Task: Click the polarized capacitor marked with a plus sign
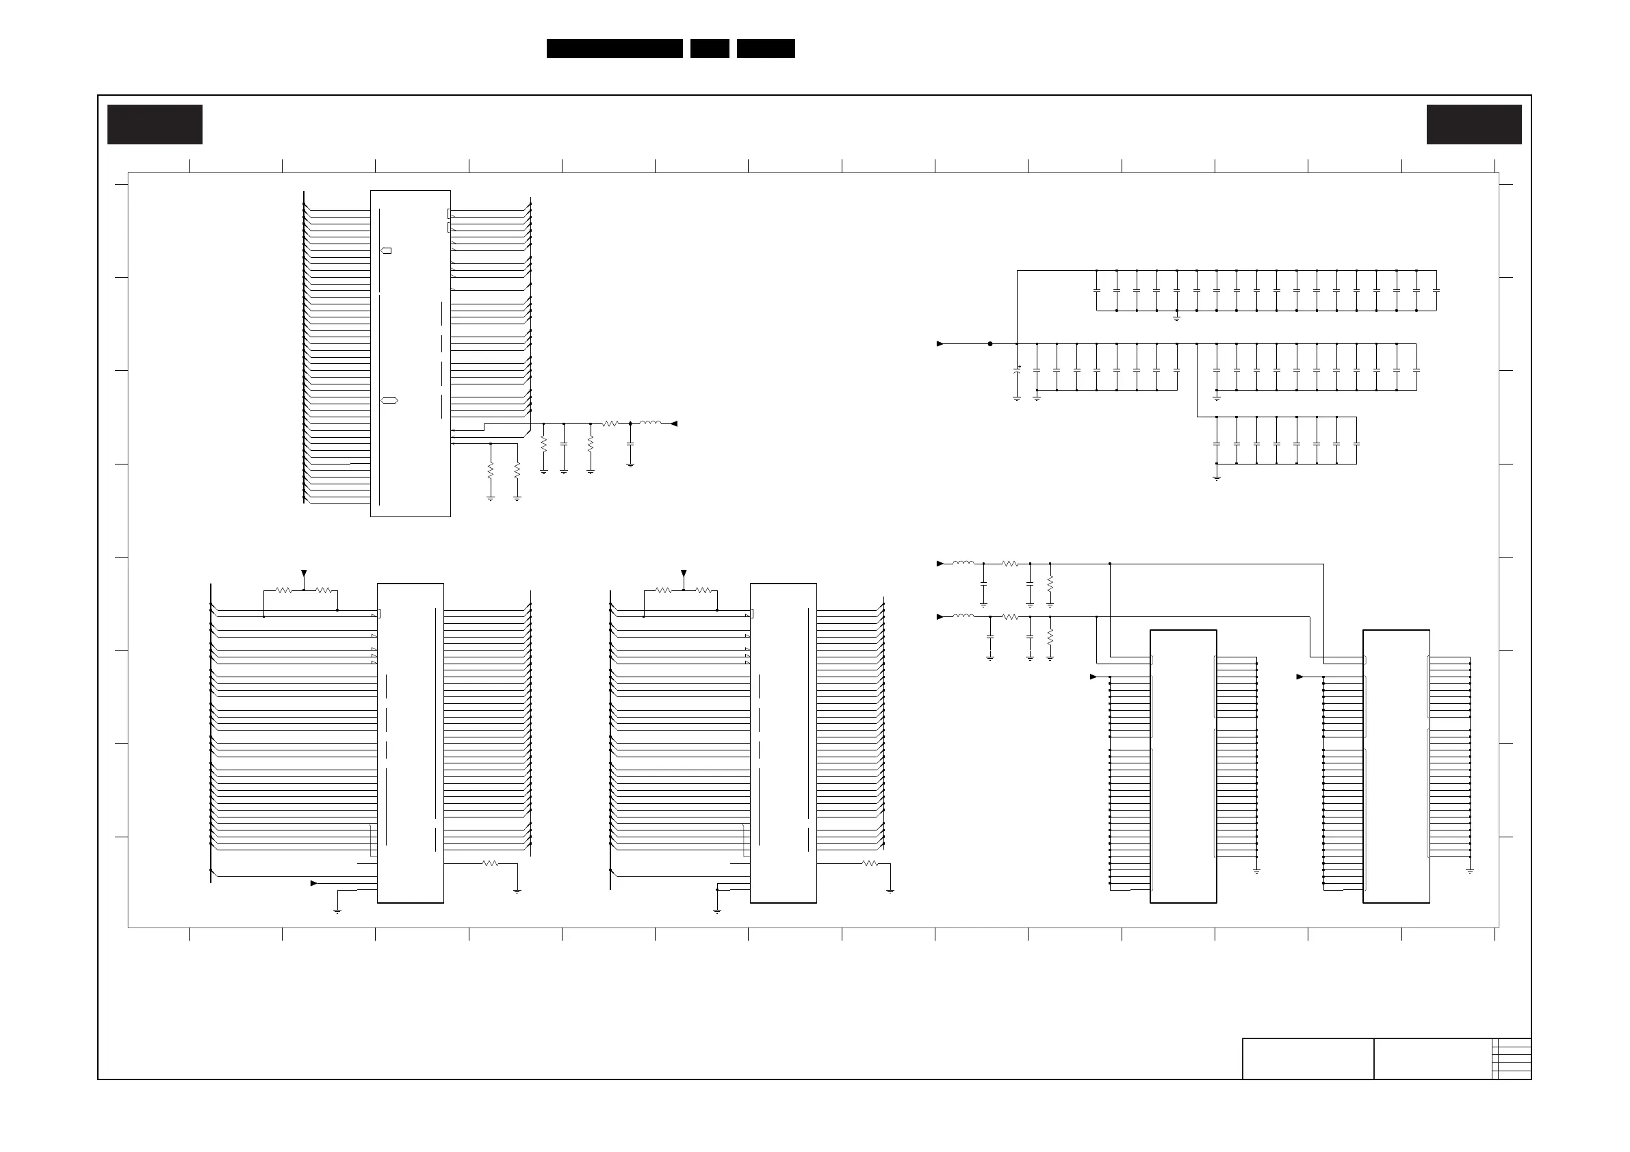tap(1017, 371)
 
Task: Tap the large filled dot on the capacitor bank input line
tap(990, 343)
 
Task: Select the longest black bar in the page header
tap(614, 49)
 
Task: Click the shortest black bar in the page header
tap(710, 49)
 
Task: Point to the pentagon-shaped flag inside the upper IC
tap(386, 250)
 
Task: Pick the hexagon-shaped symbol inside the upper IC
tap(389, 400)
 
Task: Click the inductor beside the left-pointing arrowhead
tap(649, 423)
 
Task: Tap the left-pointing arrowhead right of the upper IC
tap(674, 423)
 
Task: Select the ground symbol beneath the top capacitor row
tap(1176, 318)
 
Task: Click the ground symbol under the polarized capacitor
tap(1017, 399)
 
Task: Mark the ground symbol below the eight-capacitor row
tap(1217, 477)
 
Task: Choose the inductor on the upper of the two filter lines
tap(963, 564)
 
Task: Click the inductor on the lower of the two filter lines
tap(963, 617)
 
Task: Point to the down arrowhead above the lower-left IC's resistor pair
tap(304, 573)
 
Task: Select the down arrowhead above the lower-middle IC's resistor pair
tap(684, 573)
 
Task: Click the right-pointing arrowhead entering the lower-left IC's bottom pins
tap(314, 883)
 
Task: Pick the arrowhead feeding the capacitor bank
tap(940, 343)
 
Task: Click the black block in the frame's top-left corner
tap(155, 125)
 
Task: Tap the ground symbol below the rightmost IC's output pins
tap(1470, 870)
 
